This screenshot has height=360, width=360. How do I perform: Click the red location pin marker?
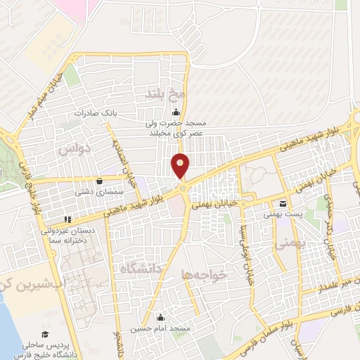pos(181,165)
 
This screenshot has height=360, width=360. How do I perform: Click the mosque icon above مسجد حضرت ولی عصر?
pos(175,114)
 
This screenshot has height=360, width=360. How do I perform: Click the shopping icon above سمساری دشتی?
pos(103,179)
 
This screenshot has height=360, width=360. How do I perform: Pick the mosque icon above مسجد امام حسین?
pos(162,316)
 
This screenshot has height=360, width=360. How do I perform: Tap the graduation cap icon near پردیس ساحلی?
pos(46,335)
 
